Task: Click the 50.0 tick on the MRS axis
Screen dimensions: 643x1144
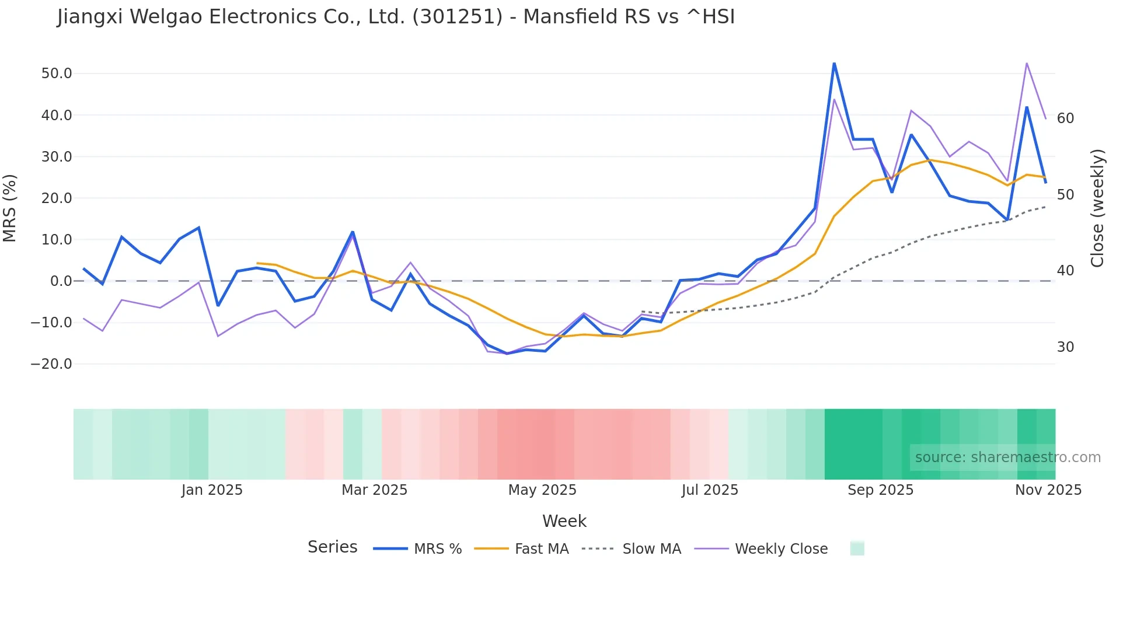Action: (x=56, y=74)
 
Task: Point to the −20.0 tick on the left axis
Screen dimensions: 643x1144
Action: (x=51, y=364)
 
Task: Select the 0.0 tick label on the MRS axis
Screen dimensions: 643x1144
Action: (x=61, y=281)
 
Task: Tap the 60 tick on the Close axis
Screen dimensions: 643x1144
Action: (x=1065, y=118)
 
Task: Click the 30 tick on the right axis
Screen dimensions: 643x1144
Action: (x=1065, y=347)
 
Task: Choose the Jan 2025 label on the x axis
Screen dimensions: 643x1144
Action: (x=212, y=490)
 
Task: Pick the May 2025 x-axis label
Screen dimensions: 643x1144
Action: (x=542, y=490)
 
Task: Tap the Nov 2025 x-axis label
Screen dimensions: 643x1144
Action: (x=1048, y=490)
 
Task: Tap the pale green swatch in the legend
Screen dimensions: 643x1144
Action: (x=857, y=548)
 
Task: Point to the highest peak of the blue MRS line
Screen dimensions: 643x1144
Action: (x=834, y=63)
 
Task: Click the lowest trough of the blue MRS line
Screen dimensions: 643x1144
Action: (x=507, y=354)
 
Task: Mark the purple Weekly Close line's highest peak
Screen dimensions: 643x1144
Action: (x=1027, y=63)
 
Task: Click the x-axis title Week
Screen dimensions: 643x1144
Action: (x=564, y=521)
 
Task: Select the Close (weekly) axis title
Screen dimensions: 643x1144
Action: (x=1097, y=208)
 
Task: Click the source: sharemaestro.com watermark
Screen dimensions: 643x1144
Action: (x=1008, y=457)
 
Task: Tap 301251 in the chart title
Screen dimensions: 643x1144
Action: (x=457, y=17)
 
